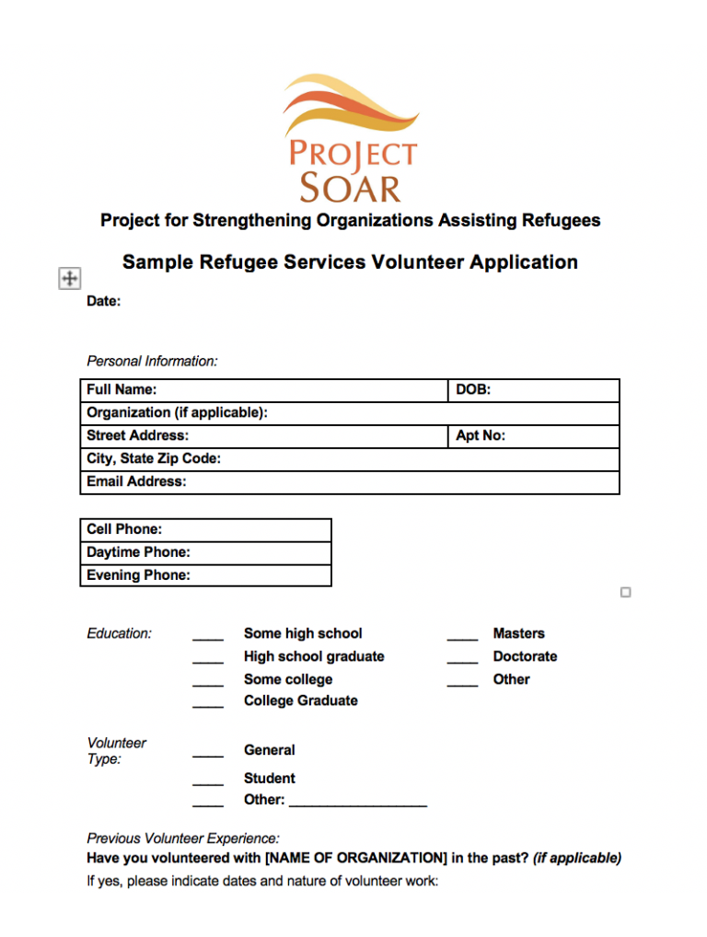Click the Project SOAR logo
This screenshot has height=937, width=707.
pyautogui.click(x=351, y=138)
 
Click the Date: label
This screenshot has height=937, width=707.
pyautogui.click(x=103, y=301)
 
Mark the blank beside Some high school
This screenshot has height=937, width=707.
pyautogui.click(x=207, y=635)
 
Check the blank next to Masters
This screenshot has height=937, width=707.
pyautogui.click(x=462, y=635)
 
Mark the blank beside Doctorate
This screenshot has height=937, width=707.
pyautogui.click(x=462, y=658)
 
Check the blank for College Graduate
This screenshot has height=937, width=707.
pyautogui.click(x=207, y=703)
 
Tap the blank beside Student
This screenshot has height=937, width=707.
pyautogui.click(x=207, y=781)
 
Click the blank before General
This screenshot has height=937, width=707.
pyautogui.click(x=207, y=753)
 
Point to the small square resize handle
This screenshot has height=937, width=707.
pyautogui.click(x=626, y=593)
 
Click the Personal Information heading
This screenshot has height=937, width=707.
pyautogui.click(x=152, y=361)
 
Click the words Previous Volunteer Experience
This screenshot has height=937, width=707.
pyautogui.click(x=182, y=839)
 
